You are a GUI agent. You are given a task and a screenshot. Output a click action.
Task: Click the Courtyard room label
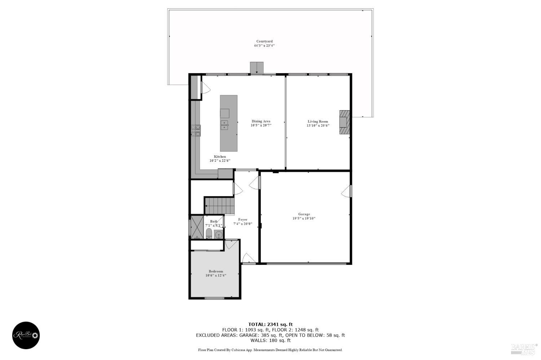[x=264, y=41]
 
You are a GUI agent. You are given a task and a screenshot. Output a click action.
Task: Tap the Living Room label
[x=318, y=121]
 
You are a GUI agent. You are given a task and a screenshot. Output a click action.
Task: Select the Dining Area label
[x=261, y=121]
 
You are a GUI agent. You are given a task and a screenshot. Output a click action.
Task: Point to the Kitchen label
[x=220, y=156]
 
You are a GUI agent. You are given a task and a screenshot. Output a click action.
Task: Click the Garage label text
[x=304, y=214]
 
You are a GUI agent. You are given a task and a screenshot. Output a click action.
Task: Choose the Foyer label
[x=243, y=219]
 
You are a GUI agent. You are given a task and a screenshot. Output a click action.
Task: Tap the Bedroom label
[x=216, y=271]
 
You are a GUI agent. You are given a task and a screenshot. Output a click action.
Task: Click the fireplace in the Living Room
[x=344, y=122]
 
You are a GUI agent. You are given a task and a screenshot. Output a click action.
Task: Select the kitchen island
[x=229, y=123]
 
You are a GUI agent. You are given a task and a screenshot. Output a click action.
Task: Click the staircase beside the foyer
[x=219, y=206]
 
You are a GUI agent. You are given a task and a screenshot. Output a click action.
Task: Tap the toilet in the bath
[x=209, y=234]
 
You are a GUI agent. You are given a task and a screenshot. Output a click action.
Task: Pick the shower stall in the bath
[x=197, y=227]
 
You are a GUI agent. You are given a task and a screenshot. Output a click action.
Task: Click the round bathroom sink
[x=218, y=235]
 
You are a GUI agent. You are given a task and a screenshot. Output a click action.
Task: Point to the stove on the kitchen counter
[x=196, y=130]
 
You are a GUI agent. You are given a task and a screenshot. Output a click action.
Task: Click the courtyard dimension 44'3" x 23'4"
[x=264, y=46]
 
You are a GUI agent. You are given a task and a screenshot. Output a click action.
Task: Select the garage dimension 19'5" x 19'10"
[x=304, y=218]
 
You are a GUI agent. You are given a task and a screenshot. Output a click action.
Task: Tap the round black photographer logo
[x=26, y=335]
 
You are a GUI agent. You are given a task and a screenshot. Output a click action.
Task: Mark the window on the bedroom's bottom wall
[x=215, y=298]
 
